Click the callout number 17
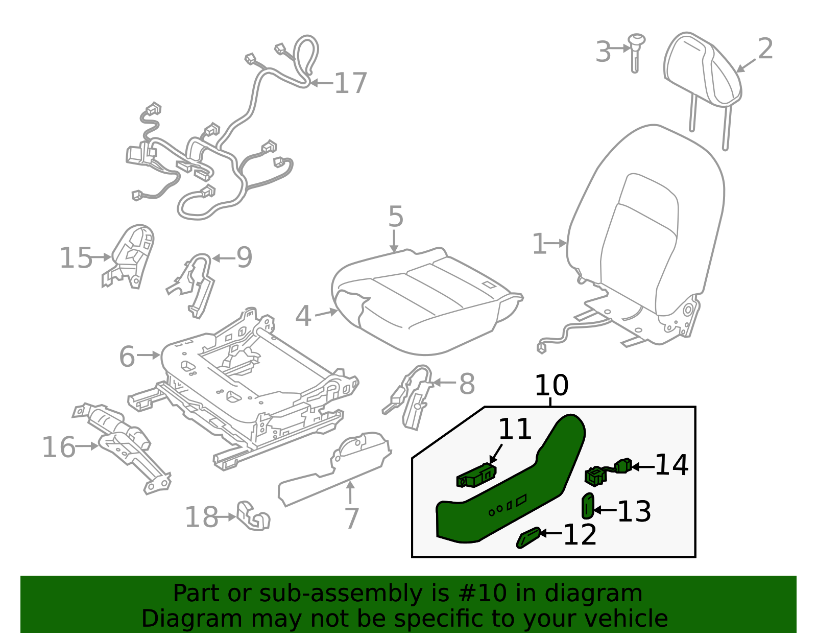pos(350,83)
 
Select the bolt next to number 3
pos(636,51)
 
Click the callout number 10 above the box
pos(551,386)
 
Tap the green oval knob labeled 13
pos(588,506)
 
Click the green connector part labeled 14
pos(608,471)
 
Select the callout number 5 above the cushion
pos(396,217)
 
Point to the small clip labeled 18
pos(253,516)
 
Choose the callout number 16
pos(58,447)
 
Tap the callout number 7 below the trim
pos(352,518)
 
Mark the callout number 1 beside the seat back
pos(539,244)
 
